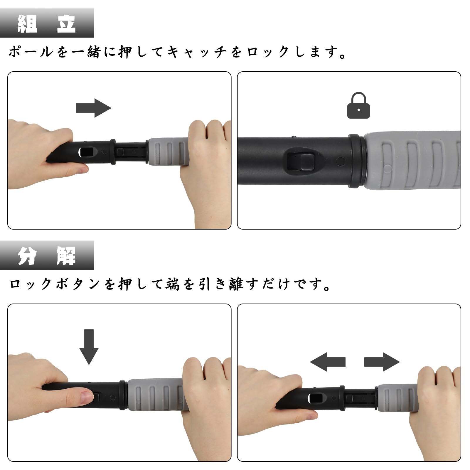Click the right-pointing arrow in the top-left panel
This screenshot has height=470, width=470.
[93, 108]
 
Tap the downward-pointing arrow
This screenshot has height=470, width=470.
[89, 347]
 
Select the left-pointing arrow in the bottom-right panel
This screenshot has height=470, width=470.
[327, 362]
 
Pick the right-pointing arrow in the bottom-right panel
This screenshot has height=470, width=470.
[382, 362]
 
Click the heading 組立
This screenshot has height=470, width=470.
[47, 23]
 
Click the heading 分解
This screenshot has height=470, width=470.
[47, 255]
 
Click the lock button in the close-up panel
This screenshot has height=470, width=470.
[304, 162]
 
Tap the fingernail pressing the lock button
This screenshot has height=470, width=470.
[87, 397]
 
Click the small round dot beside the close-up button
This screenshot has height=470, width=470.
[340, 161]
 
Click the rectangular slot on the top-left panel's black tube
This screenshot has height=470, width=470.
[87, 152]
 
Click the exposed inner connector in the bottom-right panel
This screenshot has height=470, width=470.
[360, 398]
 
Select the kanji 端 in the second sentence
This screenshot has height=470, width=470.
[172, 284]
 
